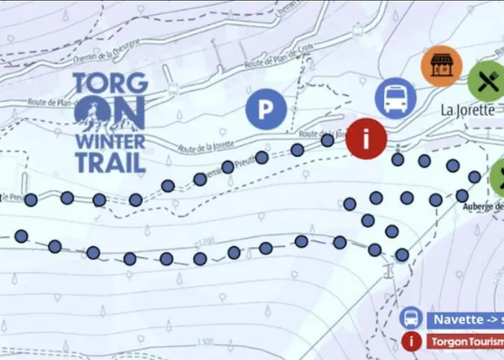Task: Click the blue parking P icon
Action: (266, 109)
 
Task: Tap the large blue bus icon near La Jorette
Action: (395, 98)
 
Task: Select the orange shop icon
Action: (441, 66)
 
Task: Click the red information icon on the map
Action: (366, 139)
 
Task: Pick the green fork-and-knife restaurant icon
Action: (485, 81)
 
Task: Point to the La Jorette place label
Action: (467, 111)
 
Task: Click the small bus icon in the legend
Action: (410, 318)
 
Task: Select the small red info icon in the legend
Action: (410, 341)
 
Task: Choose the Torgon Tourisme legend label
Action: (464, 341)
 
